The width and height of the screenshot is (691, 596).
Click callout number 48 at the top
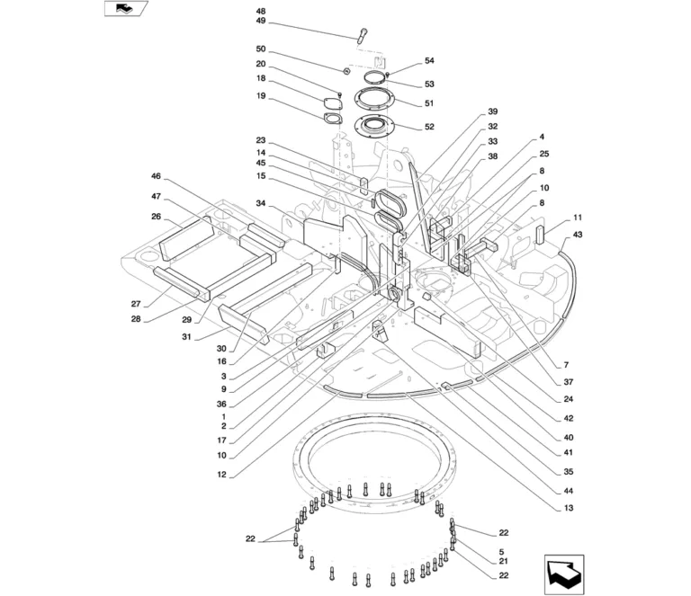pos(261,12)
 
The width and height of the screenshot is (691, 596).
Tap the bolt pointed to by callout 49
pos(363,36)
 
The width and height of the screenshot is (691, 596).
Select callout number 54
pos(429,60)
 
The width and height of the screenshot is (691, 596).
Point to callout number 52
pos(429,127)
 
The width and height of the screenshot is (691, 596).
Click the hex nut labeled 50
pos(346,71)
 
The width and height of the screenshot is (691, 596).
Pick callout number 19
pos(261,95)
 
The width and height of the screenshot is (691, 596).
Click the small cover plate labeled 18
pos(333,104)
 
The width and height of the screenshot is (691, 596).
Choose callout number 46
pos(156,176)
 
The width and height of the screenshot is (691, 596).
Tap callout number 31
pos(187,337)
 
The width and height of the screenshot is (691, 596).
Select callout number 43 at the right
pos(578,235)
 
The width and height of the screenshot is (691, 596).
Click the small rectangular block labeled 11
pos(541,235)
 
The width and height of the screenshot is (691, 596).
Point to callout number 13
pos(569,508)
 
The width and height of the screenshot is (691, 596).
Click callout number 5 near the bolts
pos(501,552)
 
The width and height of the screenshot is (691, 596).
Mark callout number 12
pos(221,475)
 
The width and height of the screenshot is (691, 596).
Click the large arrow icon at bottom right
pos(564,574)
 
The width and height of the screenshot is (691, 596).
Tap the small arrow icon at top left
pos(126,8)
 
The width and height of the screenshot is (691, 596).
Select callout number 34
pos(261,203)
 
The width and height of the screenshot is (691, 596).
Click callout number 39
pos(492,111)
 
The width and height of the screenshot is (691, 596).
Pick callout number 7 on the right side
pos(566,365)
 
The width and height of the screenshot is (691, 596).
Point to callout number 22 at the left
pos(250,538)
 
